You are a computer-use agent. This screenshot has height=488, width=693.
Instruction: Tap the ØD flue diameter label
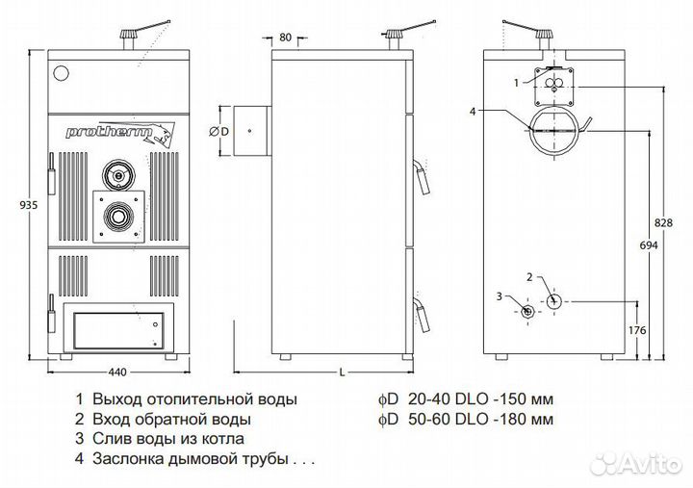(x=218, y=130)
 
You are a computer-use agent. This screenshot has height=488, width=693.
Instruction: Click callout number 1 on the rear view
(x=517, y=83)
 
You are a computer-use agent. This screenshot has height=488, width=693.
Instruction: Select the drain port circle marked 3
(x=526, y=311)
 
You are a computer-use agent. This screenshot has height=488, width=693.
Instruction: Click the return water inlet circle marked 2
(x=554, y=301)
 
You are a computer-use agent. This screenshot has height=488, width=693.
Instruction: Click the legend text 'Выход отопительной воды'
(x=194, y=398)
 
